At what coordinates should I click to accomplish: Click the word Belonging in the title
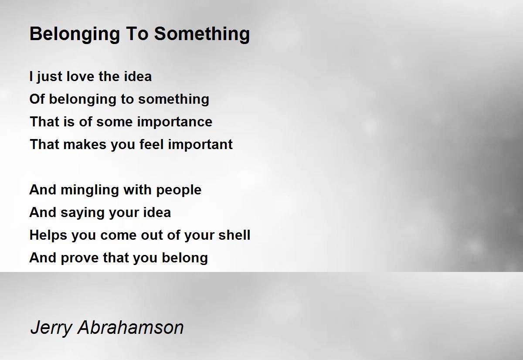(x=75, y=34)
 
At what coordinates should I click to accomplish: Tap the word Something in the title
(x=202, y=34)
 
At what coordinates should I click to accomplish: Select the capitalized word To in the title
(x=137, y=34)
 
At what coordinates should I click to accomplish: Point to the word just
(x=49, y=77)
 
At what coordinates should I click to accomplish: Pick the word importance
(x=175, y=122)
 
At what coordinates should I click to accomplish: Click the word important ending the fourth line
(x=200, y=145)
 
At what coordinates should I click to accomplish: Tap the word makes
(x=85, y=144)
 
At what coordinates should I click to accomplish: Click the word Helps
(x=48, y=235)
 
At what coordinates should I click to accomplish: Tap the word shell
(x=234, y=235)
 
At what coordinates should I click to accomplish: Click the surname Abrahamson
(x=131, y=327)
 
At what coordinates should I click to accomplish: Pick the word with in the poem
(x=138, y=190)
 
